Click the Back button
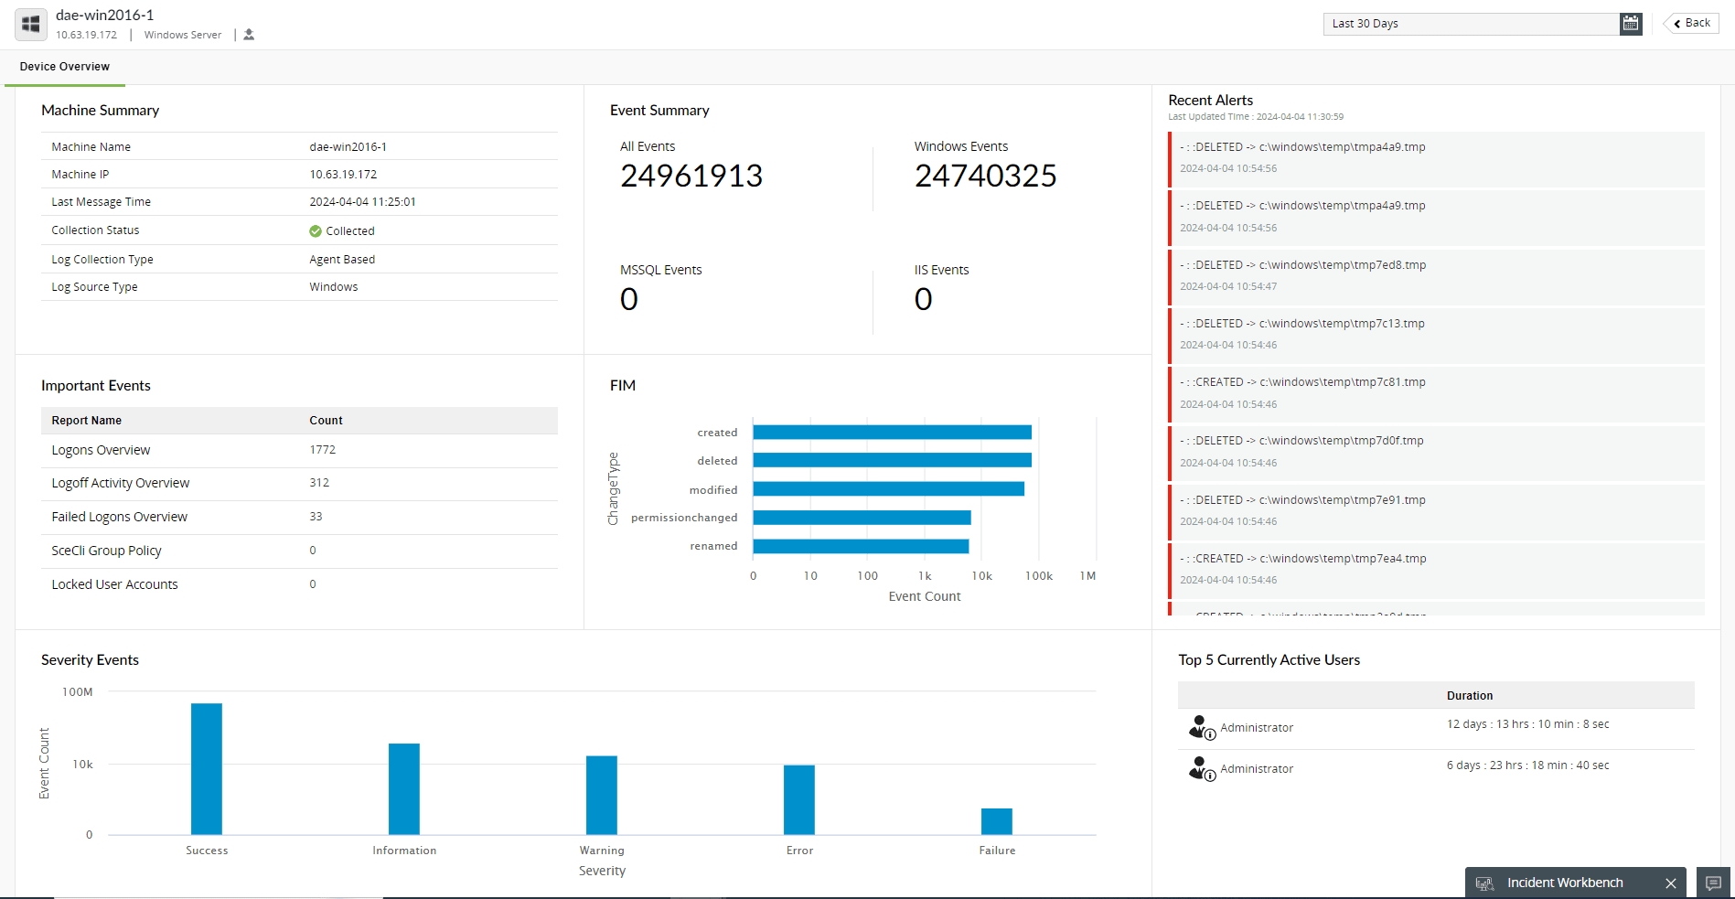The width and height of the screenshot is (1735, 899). pyautogui.click(x=1691, y=24)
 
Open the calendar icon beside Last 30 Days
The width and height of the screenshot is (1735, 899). pyautogui.click(x=1631, y=24)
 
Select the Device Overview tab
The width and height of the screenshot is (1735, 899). pyautogui.click(x=65, y=67)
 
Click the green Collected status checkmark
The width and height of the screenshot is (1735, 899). pyautogui.click(x=316, y=231)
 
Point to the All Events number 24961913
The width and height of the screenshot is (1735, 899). pyautogui.click(x=691, y=176)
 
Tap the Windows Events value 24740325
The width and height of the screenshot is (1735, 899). pyautogui.click(x=985, y=176)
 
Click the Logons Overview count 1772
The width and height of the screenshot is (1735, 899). pyautogui.click(x=323, y=450)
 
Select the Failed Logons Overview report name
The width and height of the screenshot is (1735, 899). pyautogui.click(x=120, y=517)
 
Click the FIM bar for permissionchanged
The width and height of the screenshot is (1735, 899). pyautogui.click(x=862, y=518)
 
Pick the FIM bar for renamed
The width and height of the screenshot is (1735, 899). pyautogui.click(x=861, y=546)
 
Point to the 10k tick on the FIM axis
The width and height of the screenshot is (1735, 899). pyautogui.click(x=981, y=576)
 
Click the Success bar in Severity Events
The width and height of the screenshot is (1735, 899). pyautogui.click(x=207, y=768)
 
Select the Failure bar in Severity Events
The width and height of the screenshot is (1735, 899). pyautogui.click(x=997, y=821)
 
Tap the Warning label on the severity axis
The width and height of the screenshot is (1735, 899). pyautogui.click(x=602, y=851)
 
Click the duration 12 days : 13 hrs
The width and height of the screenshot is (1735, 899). pyautogui.click(x=1527, y=724)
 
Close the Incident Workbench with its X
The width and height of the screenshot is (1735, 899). pyautogui.click(x=1671, y=883)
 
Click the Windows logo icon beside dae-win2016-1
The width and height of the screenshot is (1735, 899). pyautogui.click(x=31, y=25)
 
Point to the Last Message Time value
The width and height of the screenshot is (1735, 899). pyautogui.click(x=362, y=202)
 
